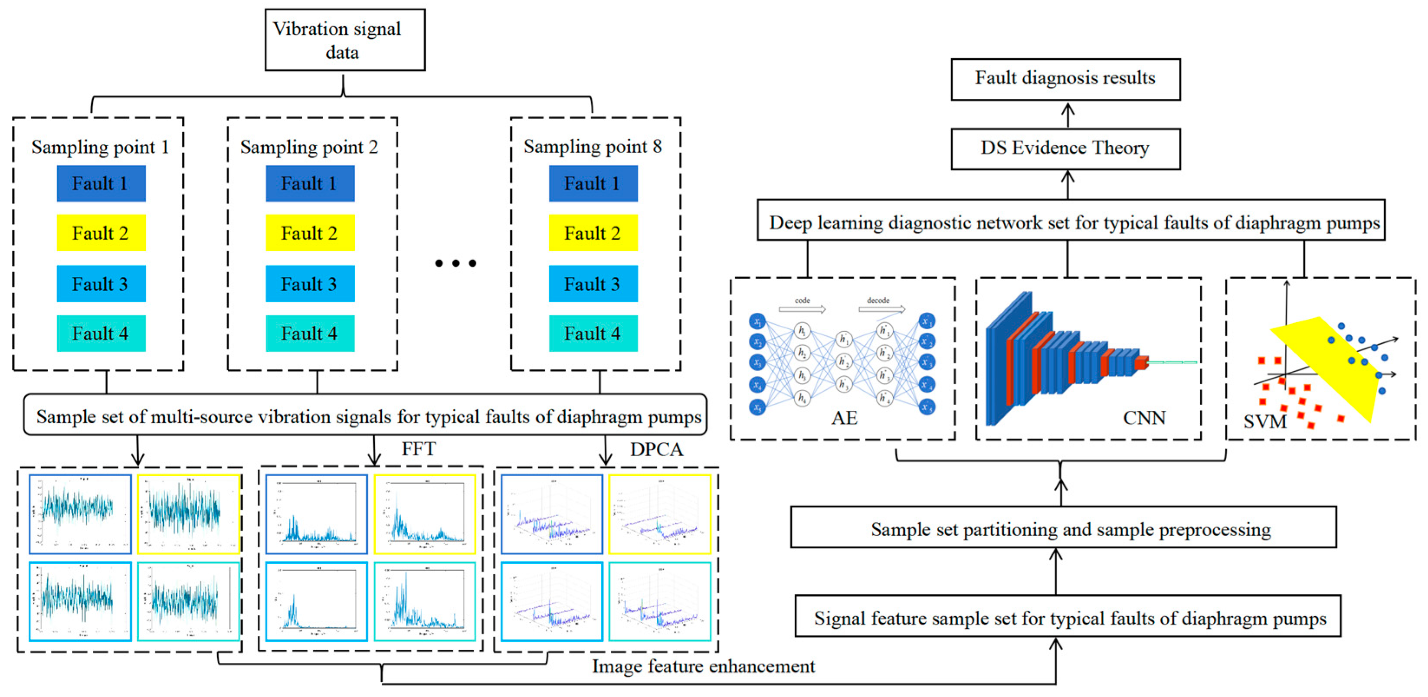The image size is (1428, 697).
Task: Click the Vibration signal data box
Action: pos(345,40)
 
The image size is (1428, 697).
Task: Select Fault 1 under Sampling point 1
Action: pos(101,183)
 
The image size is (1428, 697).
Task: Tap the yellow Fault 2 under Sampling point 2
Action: pos(310,233)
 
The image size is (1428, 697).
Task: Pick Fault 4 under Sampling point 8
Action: pos(593,333)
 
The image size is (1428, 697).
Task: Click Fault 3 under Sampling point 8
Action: pos(593,284)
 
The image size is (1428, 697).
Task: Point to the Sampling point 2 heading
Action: pos(309,147)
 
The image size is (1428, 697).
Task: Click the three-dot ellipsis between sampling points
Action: pos(455,263)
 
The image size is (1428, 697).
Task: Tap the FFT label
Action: pos(419,448)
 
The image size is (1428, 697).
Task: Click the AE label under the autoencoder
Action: pos(844,418)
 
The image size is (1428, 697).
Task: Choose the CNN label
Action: pos(1143,418)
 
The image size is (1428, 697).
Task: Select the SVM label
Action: pos(1264,422)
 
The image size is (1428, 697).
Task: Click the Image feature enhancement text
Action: pos(703,666)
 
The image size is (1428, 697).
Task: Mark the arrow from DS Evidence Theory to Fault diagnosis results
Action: pos(1068,115)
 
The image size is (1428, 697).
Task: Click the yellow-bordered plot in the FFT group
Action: pos(425,514)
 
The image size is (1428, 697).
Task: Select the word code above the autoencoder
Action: pos(802,301)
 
